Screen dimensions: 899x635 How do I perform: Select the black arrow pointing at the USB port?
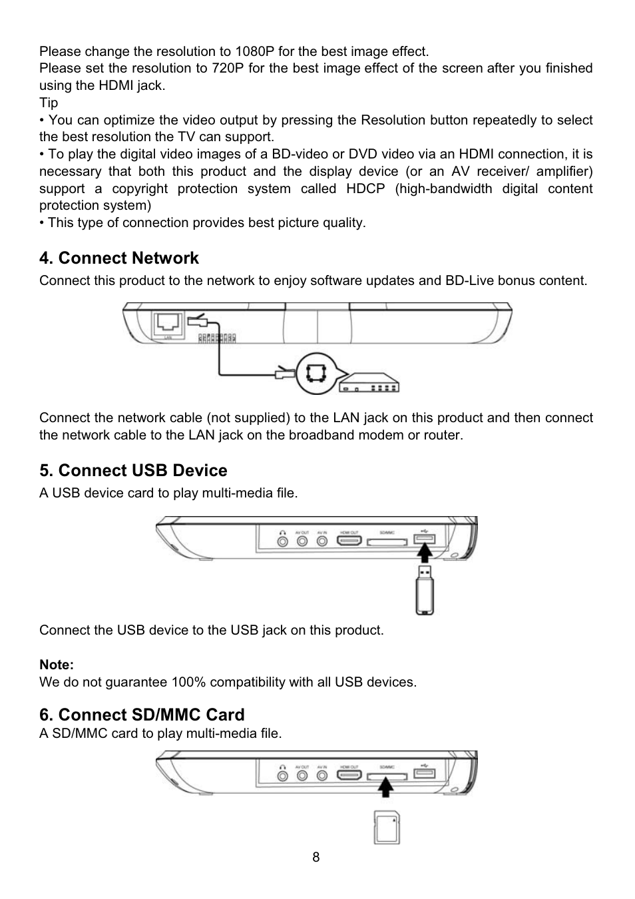[x=423, y=552]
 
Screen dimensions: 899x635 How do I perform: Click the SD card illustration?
[x=387, y=828]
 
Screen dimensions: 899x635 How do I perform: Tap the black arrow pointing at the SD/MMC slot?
[x=385, y=787]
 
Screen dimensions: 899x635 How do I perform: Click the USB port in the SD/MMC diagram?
[x=424, y=772]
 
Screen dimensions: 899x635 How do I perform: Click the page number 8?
[x=316, y=857]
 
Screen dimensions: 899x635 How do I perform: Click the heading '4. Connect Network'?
[x=119, y=258]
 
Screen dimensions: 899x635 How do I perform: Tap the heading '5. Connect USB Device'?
[x=133, y=471]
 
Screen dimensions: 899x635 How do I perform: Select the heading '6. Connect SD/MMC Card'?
[x=142, y=715]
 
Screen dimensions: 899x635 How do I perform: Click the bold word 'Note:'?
[x=57, y=665]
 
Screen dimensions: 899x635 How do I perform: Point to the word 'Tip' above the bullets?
[x=49, y=103]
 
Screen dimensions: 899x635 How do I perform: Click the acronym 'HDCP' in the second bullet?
[x=365, y=188]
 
